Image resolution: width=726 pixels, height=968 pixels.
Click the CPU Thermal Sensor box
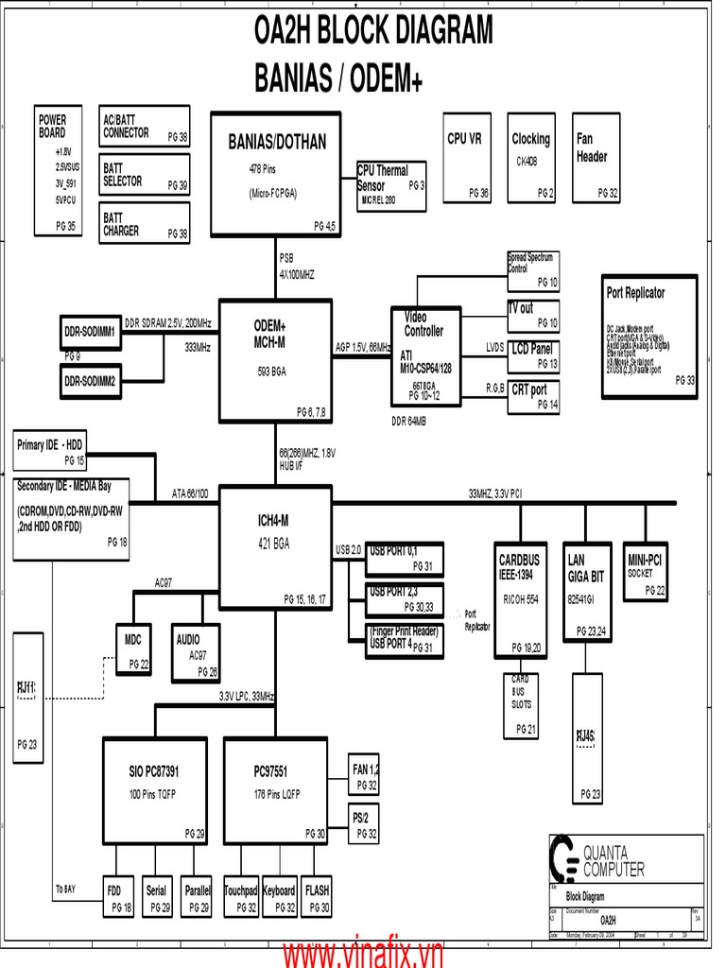(390, 185)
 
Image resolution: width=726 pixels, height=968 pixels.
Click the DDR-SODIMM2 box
(90, 381)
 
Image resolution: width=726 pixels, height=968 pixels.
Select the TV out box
(533, 315)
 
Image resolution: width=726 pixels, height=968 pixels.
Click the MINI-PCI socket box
(645, 573)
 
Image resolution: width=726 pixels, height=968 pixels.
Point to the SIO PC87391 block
(154, 789)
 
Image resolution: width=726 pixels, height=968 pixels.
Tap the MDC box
(133, 650)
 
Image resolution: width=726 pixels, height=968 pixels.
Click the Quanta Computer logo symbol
(564, 859)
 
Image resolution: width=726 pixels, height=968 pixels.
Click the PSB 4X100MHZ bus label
(296, 266)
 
